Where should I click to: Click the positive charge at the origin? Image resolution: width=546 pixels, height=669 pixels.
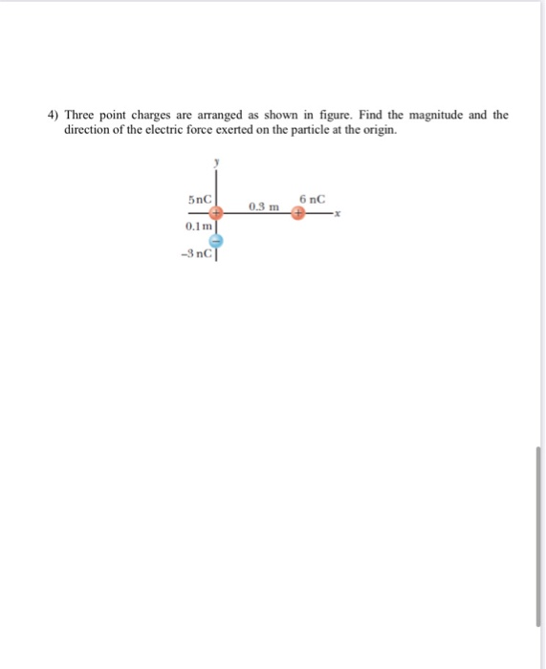pyautogui.click(x=216, y=214)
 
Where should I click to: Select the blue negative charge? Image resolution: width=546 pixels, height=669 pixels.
pyautogui.click(x=216, y=241)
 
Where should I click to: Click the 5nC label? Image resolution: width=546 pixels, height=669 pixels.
pyautogui.click(x=199, y=200)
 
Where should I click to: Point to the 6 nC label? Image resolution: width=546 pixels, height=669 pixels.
pyautogui.click(x=312, y=199)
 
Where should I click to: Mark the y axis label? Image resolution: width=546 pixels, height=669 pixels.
pyautogui.click(x=217, y=164)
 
